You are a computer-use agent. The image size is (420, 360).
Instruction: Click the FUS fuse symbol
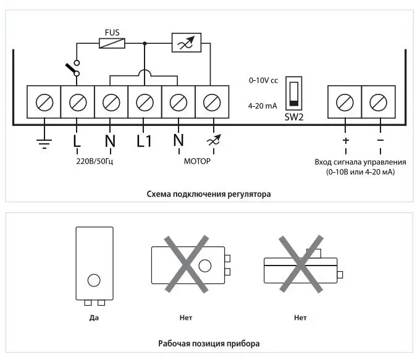pyautogui.click(x=112, y=43)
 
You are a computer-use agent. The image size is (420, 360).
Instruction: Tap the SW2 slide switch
pyautogui.click(x=293, y=93)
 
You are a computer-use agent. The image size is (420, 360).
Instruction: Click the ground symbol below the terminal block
pyautogui.click(x=44, y=144)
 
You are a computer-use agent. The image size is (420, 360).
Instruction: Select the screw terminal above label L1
pyautogui.click(x=145, y=103)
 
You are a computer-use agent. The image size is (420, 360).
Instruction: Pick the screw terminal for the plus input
pyautogui.click(x=345, y=103)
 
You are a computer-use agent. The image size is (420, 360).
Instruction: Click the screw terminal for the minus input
pyautogui.click(x=378, y=103)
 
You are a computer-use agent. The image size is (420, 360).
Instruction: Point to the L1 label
pyautogui.click(x=144, y=141)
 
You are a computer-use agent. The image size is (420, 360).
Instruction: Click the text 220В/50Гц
pyautogui.click(x=94, y=162)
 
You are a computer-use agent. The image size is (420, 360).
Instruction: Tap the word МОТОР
pyautogui.click(x=197, y=161)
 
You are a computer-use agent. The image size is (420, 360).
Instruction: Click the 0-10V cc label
pyautogui.click(x=264, y=80)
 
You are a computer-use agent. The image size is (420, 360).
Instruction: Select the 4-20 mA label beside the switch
pyautogui.click(x=262, y=106)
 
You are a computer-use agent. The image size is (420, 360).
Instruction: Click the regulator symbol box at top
pyautogui.click(x=187, y=43)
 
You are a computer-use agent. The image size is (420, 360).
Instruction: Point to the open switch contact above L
pyautogui.click(x=73, y=69)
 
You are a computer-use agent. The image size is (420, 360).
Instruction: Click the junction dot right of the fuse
pyautogui.click(x=145, y=43)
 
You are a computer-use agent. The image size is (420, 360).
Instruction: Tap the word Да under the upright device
pyautogui.click(x=94, y=318)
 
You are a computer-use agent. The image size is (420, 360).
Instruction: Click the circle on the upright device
pyautogui.click(x=94, y=280)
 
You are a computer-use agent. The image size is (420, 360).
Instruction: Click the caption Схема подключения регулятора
pyautogui.click(x=209, y=194)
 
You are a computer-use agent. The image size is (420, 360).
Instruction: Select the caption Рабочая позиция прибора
pyautogui.click(x=209, y=344)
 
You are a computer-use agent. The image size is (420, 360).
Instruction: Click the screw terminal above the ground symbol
pyautogui.click(x=44, y=103)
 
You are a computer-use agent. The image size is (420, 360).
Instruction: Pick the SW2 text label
pyautogui.click(x=294, y=117)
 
